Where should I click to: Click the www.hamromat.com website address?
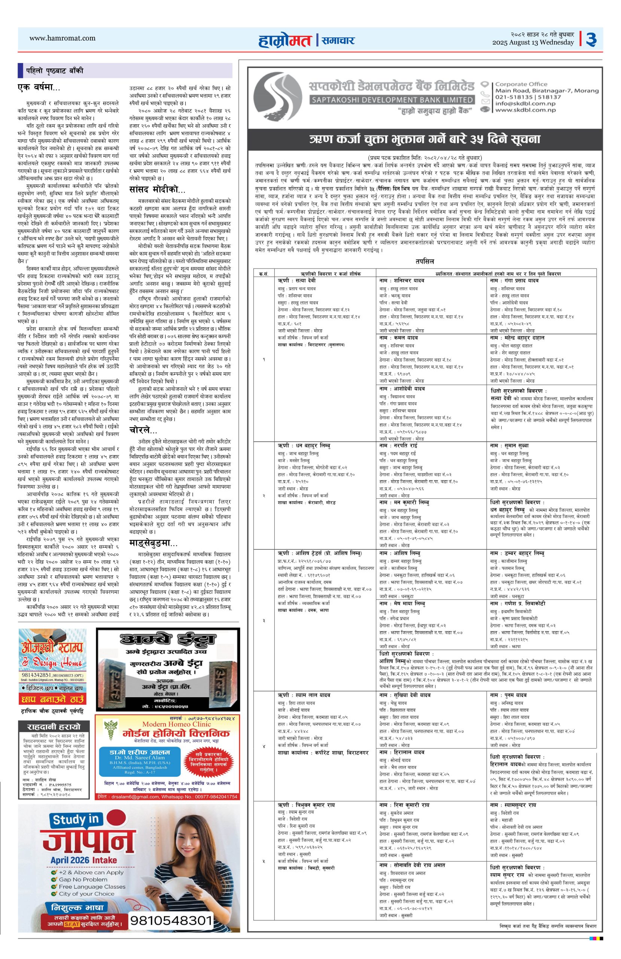click(63, 38)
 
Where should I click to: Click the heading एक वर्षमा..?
click(39, 87)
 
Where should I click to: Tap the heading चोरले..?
click(143, 431)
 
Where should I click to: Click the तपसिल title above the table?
click(424, 261)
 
